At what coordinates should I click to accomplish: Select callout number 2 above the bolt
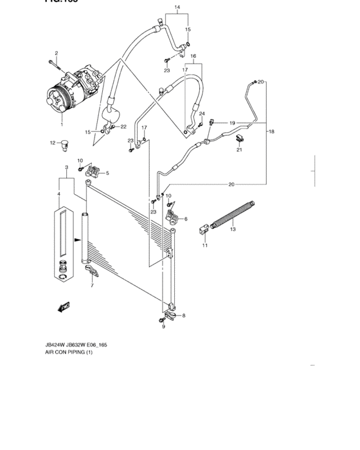56,53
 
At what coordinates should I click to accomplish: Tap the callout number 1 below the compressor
62,125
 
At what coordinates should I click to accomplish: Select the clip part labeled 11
204,228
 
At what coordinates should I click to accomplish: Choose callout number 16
192,57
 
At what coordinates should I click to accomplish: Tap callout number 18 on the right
271,131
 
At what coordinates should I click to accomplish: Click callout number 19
232,122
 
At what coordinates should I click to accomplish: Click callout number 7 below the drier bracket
91,285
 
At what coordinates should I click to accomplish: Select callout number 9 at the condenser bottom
163,327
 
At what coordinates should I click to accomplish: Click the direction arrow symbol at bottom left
64,307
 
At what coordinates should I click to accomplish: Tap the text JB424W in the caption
56,345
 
